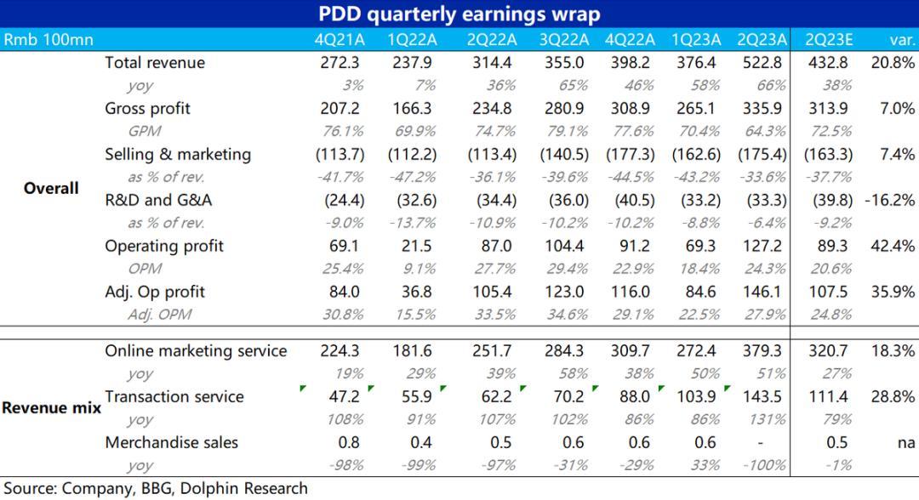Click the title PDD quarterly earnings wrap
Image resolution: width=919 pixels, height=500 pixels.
(x=459, y=14)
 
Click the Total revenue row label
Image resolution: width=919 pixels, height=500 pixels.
(x=155, y=62)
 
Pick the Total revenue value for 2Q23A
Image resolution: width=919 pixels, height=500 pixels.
(x=760, y=62)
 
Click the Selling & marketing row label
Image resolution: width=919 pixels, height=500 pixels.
(x=178, y=154)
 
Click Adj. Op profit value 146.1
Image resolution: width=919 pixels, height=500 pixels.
(x=760, y=292)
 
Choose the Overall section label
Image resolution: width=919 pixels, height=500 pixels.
(x=51, y=188)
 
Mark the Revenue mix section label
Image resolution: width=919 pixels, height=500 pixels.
(x=51, y=407)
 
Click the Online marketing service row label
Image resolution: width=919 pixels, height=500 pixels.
(x=196, y=350)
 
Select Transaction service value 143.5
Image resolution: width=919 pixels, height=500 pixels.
(x=760, y=396)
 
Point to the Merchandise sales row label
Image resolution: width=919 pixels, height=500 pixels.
(x=172, y=442)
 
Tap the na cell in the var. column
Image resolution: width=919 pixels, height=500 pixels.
(x=905, y=442)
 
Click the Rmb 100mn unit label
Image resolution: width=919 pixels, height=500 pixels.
(x=49, y=39)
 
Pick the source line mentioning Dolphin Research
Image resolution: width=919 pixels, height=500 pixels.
(x=156, y=488)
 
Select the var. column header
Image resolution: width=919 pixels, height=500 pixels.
(x=900, y=39)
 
